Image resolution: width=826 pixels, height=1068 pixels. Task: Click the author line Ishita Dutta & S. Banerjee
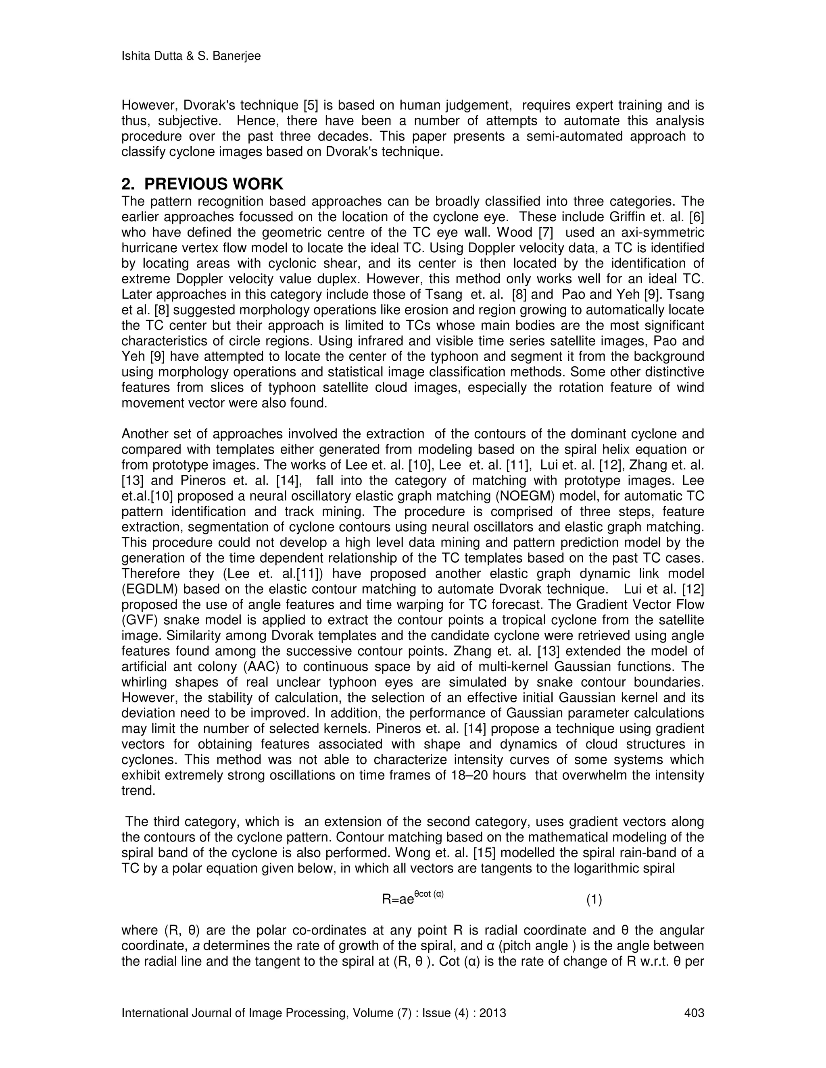191,57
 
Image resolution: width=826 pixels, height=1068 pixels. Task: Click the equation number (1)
594,899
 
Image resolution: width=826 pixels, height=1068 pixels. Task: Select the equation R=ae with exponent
413,898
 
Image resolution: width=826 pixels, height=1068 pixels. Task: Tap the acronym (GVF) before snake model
140,621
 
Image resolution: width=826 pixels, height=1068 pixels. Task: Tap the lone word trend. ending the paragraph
138,791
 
